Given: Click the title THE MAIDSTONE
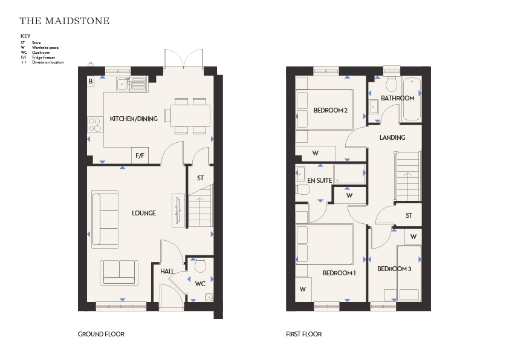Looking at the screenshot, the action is tap(65, 21).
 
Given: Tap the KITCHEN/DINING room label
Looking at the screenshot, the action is tap(134, 119).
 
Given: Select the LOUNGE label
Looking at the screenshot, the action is tap(144, 213).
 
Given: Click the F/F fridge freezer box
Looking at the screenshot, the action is tap(140, 155).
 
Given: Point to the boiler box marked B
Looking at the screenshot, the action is tap(91, 81).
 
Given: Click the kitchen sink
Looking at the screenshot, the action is tap(131, 84).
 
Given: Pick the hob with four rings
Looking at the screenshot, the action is tap(95, 125).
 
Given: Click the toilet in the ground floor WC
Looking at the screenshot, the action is tap(200, 266).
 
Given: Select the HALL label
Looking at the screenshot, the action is tap(167, 271).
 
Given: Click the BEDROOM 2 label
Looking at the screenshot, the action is tap(331, 111).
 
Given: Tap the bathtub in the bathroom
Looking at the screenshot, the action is tap(412, 99).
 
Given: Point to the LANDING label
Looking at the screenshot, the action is tap(392, 138).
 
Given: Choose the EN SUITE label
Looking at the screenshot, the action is tap(319, 181).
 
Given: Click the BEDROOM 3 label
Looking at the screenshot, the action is tap(394, 269).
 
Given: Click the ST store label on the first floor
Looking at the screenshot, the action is tap(409, 215).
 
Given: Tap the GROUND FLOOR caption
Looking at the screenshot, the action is tap(101, 334).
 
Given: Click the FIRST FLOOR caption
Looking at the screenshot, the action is tap(304, 334).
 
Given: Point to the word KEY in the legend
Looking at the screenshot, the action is tap(25, 36).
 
